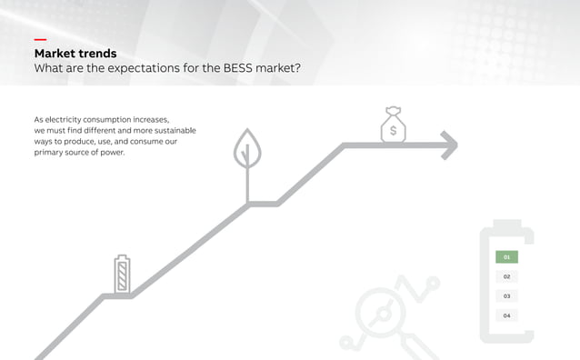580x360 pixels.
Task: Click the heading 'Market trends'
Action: [x=75, y=54]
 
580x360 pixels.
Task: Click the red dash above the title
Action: [x=40, y=40]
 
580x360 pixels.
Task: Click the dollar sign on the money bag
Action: [x=393, y=131]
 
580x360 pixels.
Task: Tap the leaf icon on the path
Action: [x=245, y=148]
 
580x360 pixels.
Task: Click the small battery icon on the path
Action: [x=122, y=275]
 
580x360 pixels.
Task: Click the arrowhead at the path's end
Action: [x=447, y=145]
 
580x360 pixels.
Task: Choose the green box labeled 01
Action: [x=506, y=257]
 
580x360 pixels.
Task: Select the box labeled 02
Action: [x=506, y=276]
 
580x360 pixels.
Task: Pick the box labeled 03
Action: [x=506, y=296]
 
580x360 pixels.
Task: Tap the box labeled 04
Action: [x=506, y=315]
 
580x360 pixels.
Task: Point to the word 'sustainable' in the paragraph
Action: [x=170, y=130]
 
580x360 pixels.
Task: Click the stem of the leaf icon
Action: [x=245, y=186]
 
